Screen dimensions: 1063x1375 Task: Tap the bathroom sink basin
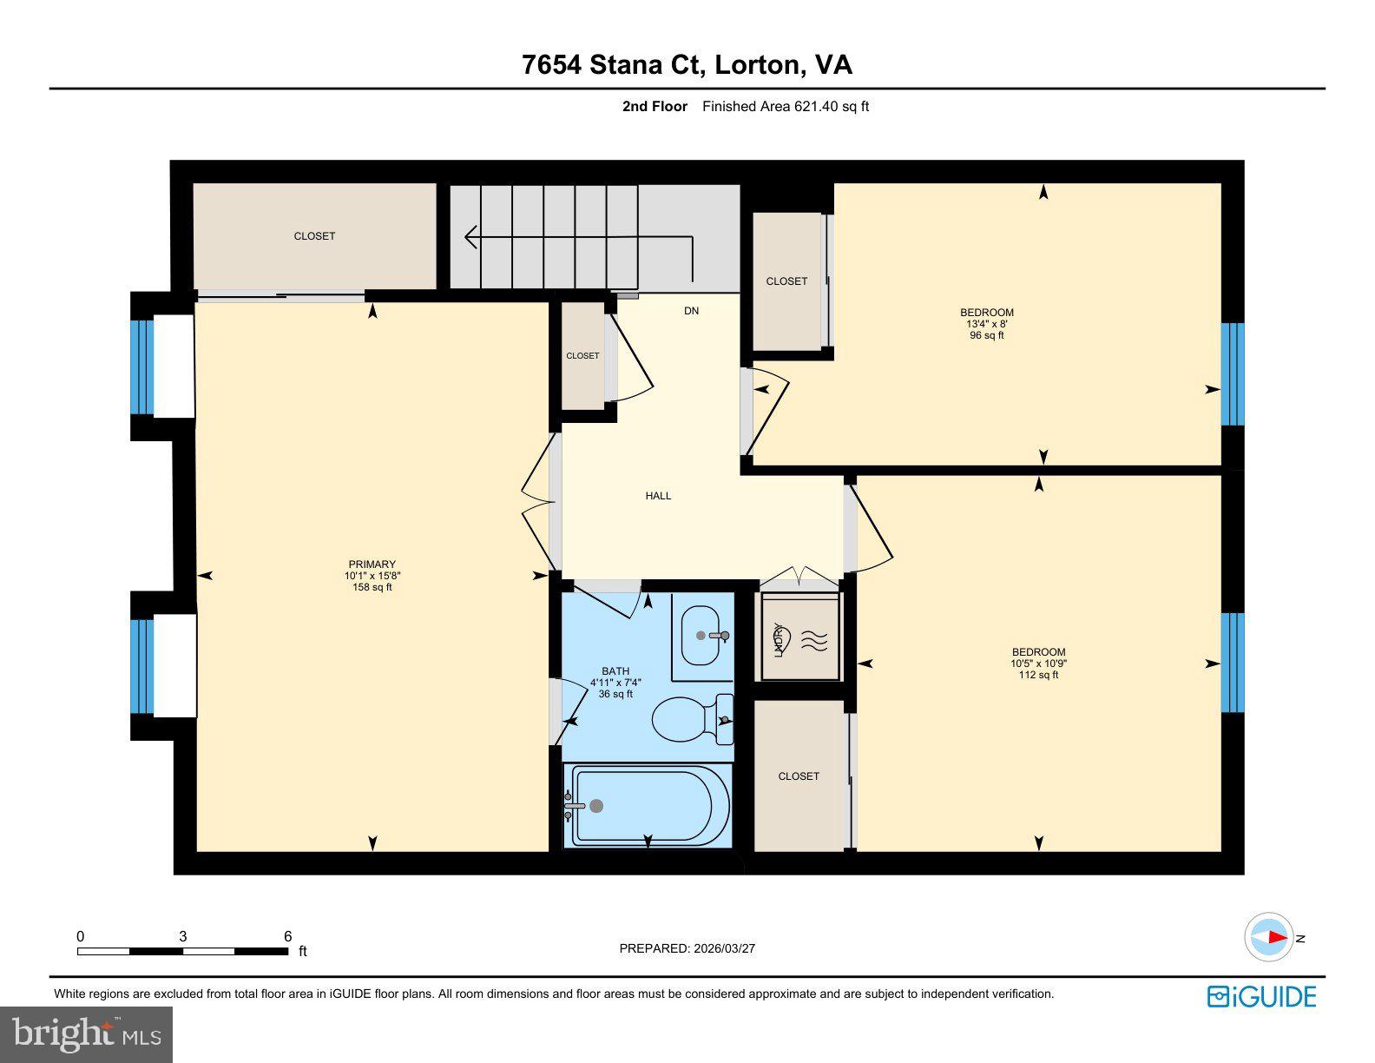(704, 635)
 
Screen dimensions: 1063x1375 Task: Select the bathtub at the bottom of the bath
(647, 806)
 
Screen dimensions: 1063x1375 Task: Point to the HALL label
(658, 496)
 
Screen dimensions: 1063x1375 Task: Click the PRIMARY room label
(372, 565)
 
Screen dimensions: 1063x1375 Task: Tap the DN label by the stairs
(691, 311)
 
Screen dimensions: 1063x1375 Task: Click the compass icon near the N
(1269, 938)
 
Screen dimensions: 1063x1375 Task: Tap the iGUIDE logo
(1261, 996)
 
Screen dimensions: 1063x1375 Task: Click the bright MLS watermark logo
(87, 1034)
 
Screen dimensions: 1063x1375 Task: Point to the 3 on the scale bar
(182, 936)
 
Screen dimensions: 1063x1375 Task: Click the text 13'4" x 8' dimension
(986, 324)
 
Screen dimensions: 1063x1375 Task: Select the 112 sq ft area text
(1038, 675)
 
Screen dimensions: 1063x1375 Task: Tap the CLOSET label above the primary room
(314, 236)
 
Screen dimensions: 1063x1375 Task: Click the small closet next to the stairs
(582, 355)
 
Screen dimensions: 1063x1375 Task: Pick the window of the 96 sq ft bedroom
(1233, 373)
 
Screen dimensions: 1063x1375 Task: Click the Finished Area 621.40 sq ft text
(785, 107)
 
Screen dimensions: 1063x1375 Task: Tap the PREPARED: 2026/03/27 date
(687, 948)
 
